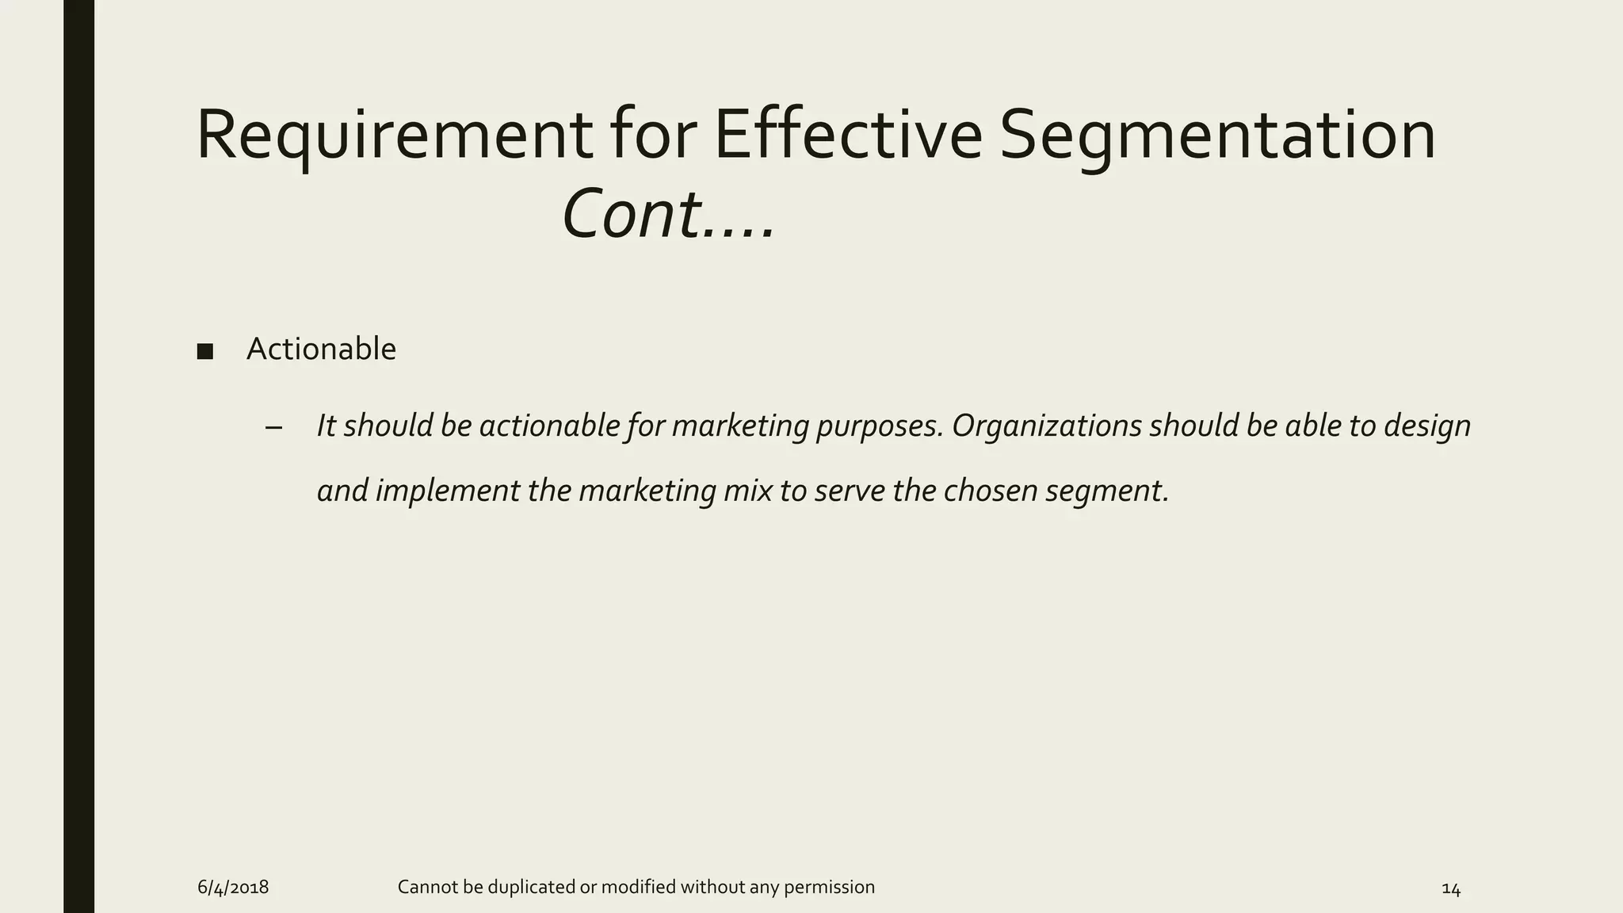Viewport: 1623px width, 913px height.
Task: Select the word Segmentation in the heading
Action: click(x=1217, y=136)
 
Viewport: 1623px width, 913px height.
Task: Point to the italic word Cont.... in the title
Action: click(x=668, y=215)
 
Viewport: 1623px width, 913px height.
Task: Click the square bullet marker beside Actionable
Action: click(x=205, y=351)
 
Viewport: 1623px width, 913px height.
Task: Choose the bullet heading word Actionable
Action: click(x=321, y=349)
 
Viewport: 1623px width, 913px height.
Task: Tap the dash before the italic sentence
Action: click(x=274, y=428)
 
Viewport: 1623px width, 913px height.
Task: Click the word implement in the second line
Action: click(x=448, y=491)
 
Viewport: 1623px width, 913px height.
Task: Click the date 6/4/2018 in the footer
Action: click(x=233, y=888)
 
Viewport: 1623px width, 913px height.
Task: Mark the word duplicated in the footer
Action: click(x=531, y=887)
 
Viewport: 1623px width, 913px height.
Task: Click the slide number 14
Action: click(x=1450, y=889)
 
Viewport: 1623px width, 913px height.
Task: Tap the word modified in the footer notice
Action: click(x=638, y=887)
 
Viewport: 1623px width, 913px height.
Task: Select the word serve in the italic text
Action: click(x=849, y=491)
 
